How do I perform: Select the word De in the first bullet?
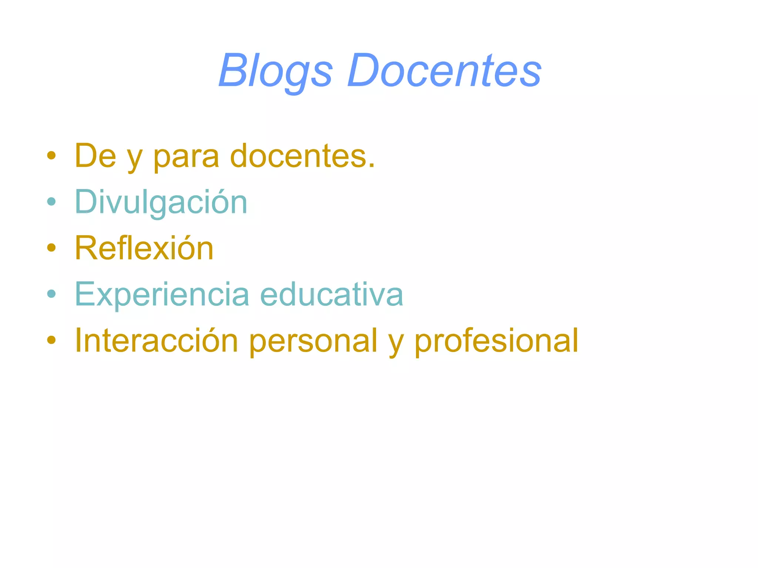[x=95, y=156]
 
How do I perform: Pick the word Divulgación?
[x=161, y=202]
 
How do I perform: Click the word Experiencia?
[x=162, y=294]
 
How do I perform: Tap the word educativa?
[x=332, y=294]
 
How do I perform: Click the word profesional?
[x=496, y=341]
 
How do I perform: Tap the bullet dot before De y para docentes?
[x=51, y=156]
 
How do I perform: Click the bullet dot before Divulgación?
[x=51, y=202]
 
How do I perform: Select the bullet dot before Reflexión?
[x=51, y=248]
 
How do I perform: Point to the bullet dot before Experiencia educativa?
[x=51, y=294]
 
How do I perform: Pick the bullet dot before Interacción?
[x=51, y=340]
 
